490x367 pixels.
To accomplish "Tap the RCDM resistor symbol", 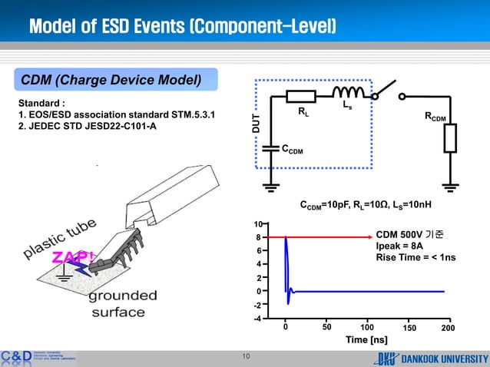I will point(450,139).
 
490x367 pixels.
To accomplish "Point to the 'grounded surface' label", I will point(123,303).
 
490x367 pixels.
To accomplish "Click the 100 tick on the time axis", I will point(367,327).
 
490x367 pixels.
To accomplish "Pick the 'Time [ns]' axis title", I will point(366,339).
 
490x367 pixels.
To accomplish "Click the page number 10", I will point(246,355).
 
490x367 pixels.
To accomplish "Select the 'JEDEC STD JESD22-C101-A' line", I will point(87,127).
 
